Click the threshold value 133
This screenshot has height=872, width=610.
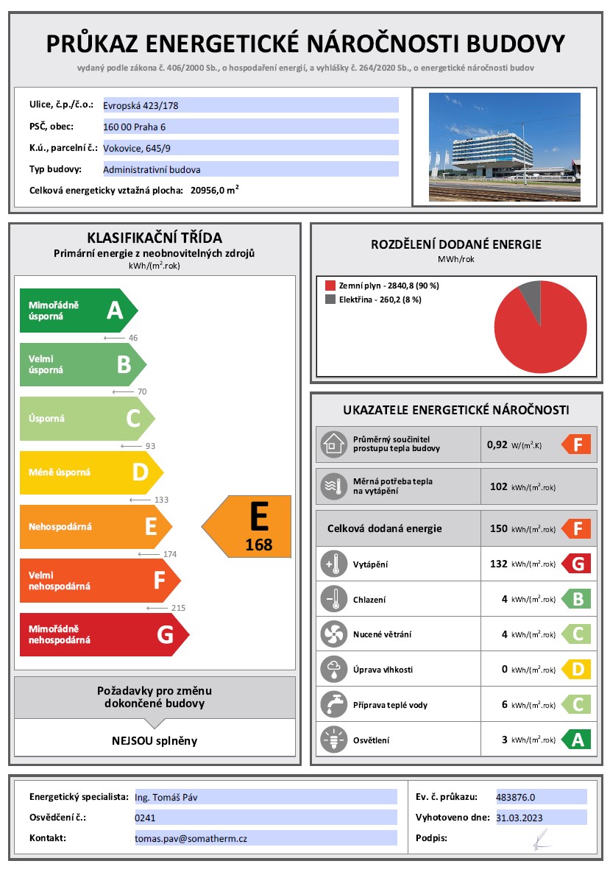[161, 500]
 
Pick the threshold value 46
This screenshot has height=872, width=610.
[132, 338]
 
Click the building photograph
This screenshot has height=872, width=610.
[504, 146]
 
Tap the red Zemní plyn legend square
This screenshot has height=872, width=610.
[330, 285]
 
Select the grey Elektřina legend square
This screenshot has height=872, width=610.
[330, 299]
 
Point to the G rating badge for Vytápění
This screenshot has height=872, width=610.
[576, 564]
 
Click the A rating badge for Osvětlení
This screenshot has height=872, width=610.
[576, 740]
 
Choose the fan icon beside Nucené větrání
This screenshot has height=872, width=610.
[333, 634]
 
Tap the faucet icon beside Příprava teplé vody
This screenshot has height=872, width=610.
[333, 705]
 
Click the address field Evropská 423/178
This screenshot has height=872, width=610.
[141, 105]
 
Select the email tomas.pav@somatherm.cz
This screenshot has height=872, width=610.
[191, 838]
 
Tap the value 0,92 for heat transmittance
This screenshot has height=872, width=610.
[497, 444]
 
